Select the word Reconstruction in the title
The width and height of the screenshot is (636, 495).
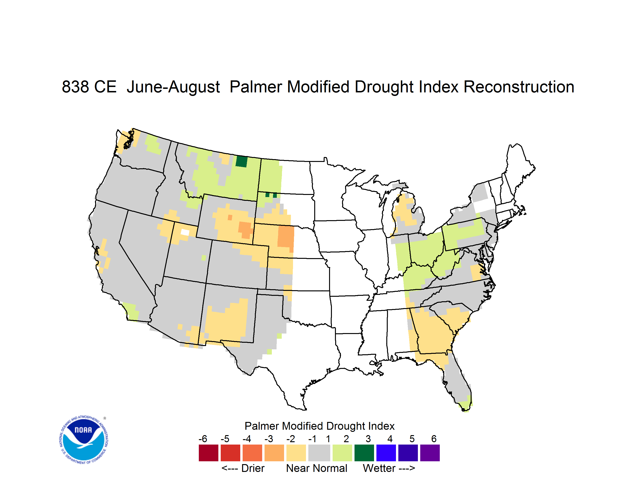click(519, 87)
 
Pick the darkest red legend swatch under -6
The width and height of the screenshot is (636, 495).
click(208, 453)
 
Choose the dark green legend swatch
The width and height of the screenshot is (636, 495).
click(364, 453)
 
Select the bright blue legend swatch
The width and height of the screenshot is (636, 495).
click(386, 453)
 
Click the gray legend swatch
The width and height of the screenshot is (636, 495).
click(319, 453)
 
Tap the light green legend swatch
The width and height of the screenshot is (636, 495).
click(342, 453)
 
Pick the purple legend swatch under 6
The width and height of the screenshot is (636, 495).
click(430, 453)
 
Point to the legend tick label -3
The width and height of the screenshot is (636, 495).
click(269, 439)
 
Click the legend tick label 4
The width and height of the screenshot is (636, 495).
click(390, 439)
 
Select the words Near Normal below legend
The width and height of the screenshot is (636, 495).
click(317, 468)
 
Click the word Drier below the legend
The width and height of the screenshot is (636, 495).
click(253, 468)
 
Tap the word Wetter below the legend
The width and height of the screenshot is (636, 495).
click(379, 468)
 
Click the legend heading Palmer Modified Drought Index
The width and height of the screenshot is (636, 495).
click(319, 426)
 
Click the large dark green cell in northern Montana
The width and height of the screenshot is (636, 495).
click(241, 161)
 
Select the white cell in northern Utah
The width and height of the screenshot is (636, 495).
click(185, 232)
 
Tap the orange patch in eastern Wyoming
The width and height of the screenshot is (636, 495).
click(245, 229)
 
